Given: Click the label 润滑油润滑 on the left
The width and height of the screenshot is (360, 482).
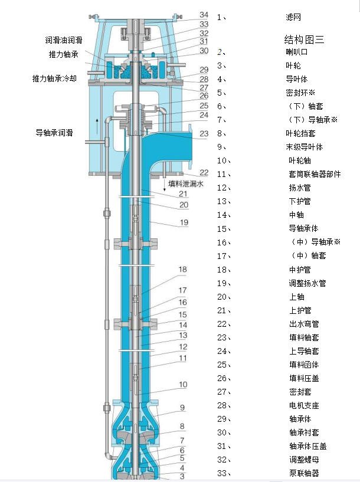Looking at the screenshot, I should (64, 40).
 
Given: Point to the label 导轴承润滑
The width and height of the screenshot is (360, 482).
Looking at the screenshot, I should (54, 133).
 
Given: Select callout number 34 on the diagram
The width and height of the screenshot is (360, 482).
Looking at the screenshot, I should (204, 14).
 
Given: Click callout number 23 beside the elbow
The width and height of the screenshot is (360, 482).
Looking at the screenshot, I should (204, 134).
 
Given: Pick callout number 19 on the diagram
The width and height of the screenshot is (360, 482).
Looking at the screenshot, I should (184, 222).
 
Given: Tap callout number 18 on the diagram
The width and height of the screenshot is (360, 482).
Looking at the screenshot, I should (182, 270).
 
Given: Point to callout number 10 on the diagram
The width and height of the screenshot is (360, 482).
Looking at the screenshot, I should (183, 385).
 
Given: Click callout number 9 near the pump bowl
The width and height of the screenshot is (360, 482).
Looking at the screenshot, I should (182, 408).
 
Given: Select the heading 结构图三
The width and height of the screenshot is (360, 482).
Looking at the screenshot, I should (304, 40).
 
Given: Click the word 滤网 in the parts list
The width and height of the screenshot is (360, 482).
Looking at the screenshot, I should (293, 17).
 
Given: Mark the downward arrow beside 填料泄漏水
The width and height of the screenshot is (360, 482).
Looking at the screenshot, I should (164, 184).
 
